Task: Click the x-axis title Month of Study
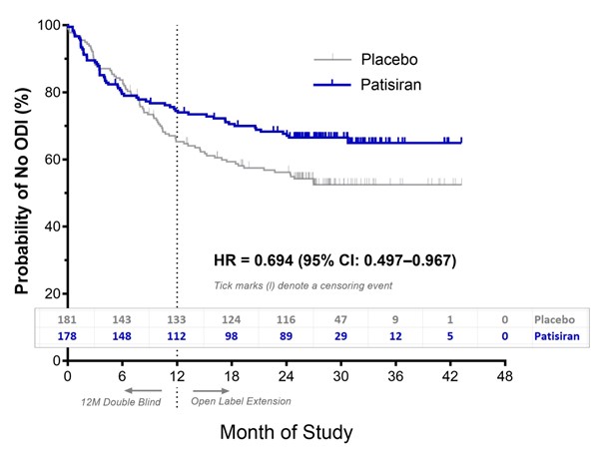(x=286, y=432)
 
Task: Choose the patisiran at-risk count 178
(x=68, y=338)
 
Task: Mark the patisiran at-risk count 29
(x=341, y=338)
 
